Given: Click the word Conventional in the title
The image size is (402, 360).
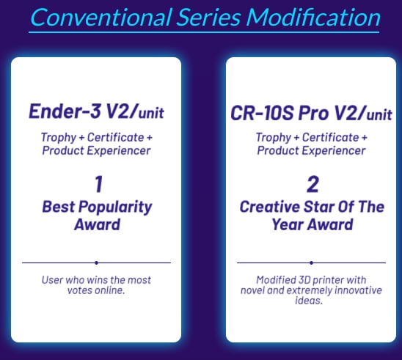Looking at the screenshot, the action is pyautogui.click(x=100, y=17).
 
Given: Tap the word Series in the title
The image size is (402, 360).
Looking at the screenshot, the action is pyautogui.click(x=209, y=17).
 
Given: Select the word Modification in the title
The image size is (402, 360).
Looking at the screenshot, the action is pyautogui.click(x=313, y=17).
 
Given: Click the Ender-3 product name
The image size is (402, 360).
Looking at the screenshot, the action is pyautogui.click(x=65, y=111).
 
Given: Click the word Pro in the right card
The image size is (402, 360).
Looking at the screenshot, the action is pyautogui.click(x=313, y=113).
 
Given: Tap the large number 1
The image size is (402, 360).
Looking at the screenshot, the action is pyautogui.click(x=99, y=184).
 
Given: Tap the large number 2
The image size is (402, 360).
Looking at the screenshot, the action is pyautogui.click(x=313, y=184).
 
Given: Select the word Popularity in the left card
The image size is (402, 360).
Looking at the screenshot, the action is pyautogui.click(x=115, y=207).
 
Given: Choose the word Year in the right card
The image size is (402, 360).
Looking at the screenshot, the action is pyautogui.click(x=287, y=224).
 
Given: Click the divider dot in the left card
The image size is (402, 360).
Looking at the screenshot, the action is pyautogui.click(x=96, y=262).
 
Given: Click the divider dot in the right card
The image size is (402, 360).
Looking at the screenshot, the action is pyautogui.click(x=311, y=262).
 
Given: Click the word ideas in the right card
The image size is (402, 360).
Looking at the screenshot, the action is pyautogui.click(x=309, y=301).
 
